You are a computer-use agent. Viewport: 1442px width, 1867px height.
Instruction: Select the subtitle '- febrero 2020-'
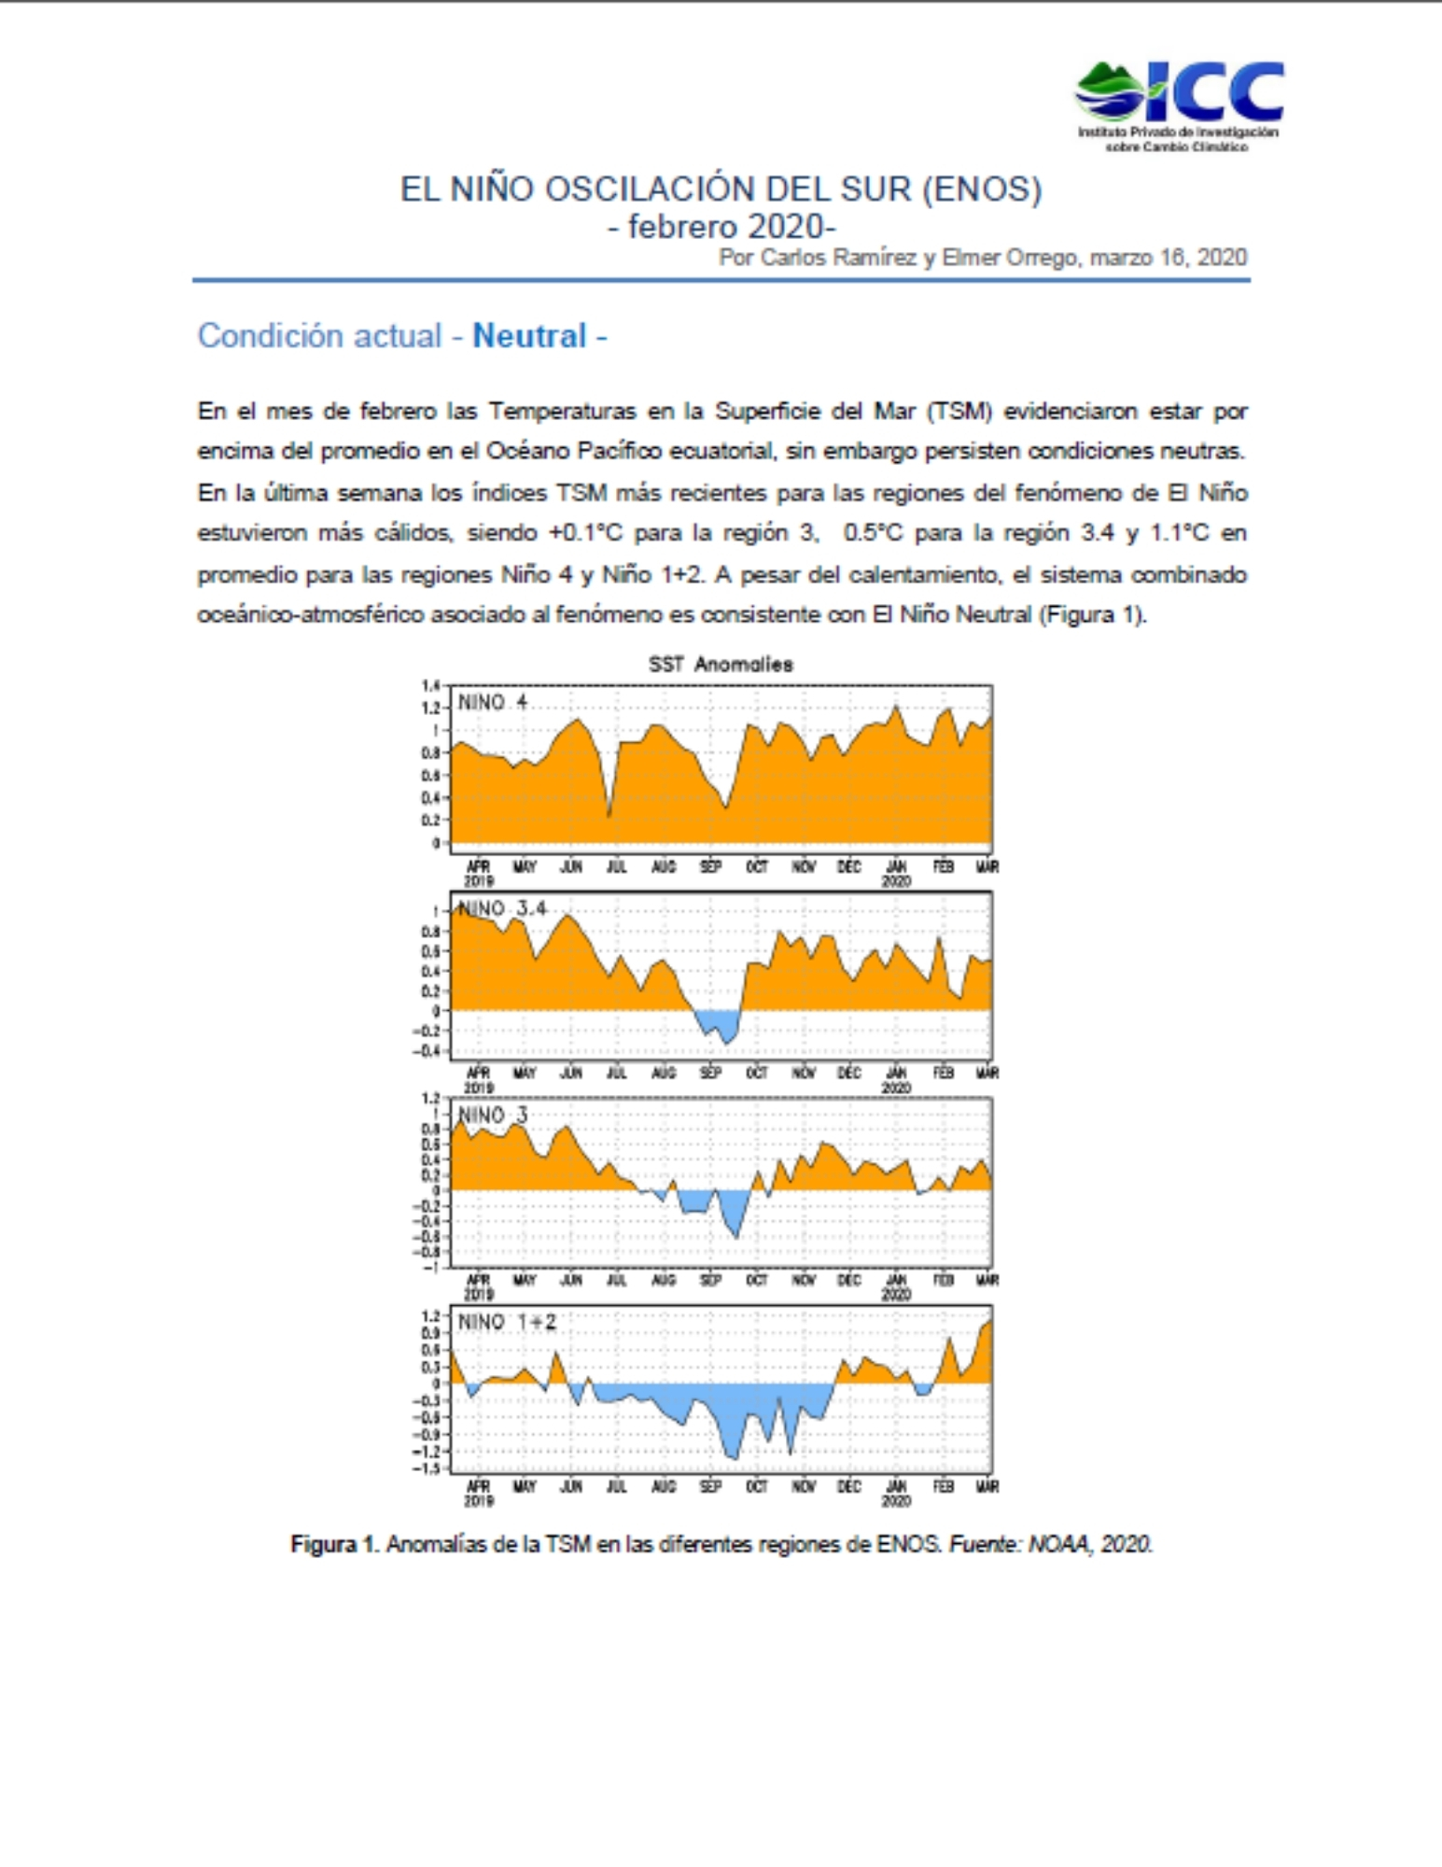click(x=721, y=227)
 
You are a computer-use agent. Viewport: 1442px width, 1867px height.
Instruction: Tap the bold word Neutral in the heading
click(x=529, y=336)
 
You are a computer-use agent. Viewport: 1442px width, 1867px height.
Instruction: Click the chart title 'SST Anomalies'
click(x=721, y=665)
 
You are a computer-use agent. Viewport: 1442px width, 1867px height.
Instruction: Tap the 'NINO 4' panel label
click(x=492, y=702)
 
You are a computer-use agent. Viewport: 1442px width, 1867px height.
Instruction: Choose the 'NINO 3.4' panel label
click(x=501, y=908)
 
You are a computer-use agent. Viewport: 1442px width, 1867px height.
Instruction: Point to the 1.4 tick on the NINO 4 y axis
click(x=430, y=686)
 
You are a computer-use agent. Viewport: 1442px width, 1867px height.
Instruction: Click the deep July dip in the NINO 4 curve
click(x=609, y=815)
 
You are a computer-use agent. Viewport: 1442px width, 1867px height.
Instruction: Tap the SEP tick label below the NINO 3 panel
click(x=710, y=1279)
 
